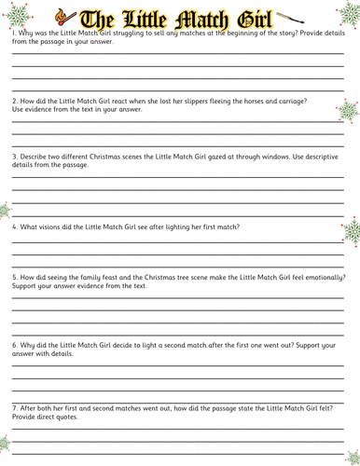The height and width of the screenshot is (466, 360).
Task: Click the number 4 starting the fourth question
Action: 14,226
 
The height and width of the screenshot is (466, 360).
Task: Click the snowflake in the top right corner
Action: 347,11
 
